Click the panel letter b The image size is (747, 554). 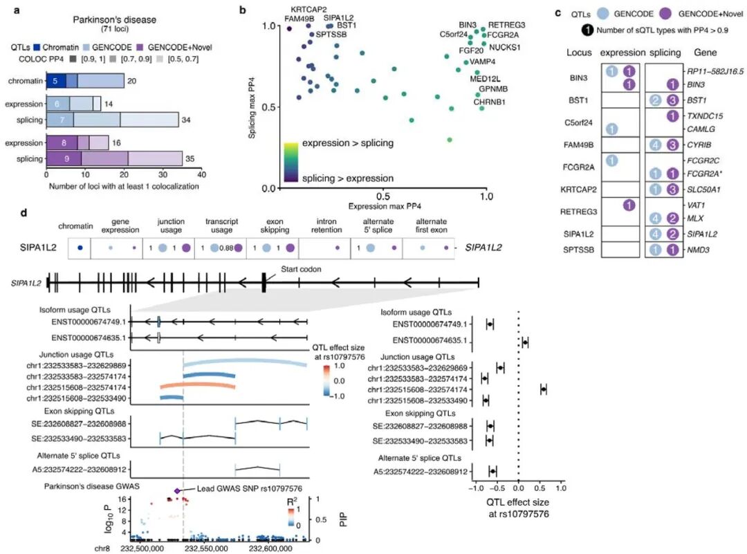[242, 10]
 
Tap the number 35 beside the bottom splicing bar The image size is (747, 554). [190, 159]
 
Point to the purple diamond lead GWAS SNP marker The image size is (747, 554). [177, 490]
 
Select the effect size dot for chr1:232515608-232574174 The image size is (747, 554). [544, 389]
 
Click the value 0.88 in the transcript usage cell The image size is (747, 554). [223, 248]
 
